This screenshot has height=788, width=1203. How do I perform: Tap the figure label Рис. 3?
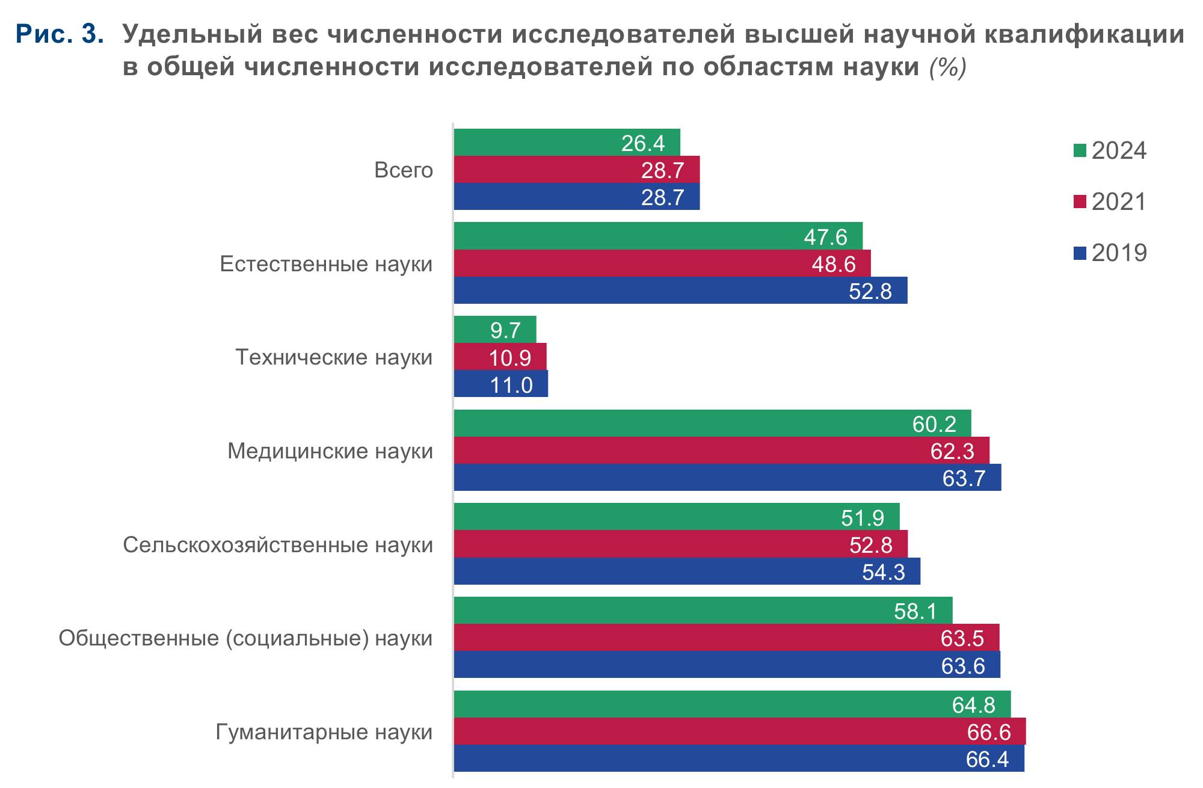pyautogui.click(x=60, y=34)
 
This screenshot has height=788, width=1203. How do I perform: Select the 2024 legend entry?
pyautogui.click(x=1110, y=150)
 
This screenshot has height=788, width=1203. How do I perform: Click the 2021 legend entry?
pyautogui.click(x=1110, y=202)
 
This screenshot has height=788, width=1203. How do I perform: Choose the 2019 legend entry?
pyautogui.click(x=1110, y=253)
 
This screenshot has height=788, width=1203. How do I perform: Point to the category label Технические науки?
pyautogui.click(x=334, y=357)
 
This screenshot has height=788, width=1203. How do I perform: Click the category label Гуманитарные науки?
pyautogui.click(x=324, y=732)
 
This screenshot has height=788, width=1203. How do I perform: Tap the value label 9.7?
pyautogui.click(x=505, y=330)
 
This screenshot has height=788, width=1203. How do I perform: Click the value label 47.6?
pyautogui.click(x=825, y=237)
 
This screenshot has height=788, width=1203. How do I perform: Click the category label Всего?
pyautogui.click(x=404, y=170)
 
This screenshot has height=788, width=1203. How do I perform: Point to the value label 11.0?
pyautogui.click(x=511, y=385)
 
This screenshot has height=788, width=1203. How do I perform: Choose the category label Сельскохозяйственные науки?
pyautogui.click(x=278, y=545)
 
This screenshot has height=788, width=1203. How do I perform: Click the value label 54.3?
pyautogui.click(x=883, y=571)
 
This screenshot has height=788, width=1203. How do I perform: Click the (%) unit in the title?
pyautogui.click(x=948, y=67)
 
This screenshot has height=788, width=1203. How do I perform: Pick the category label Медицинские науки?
pyautogui.click(x=330, y=451)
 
